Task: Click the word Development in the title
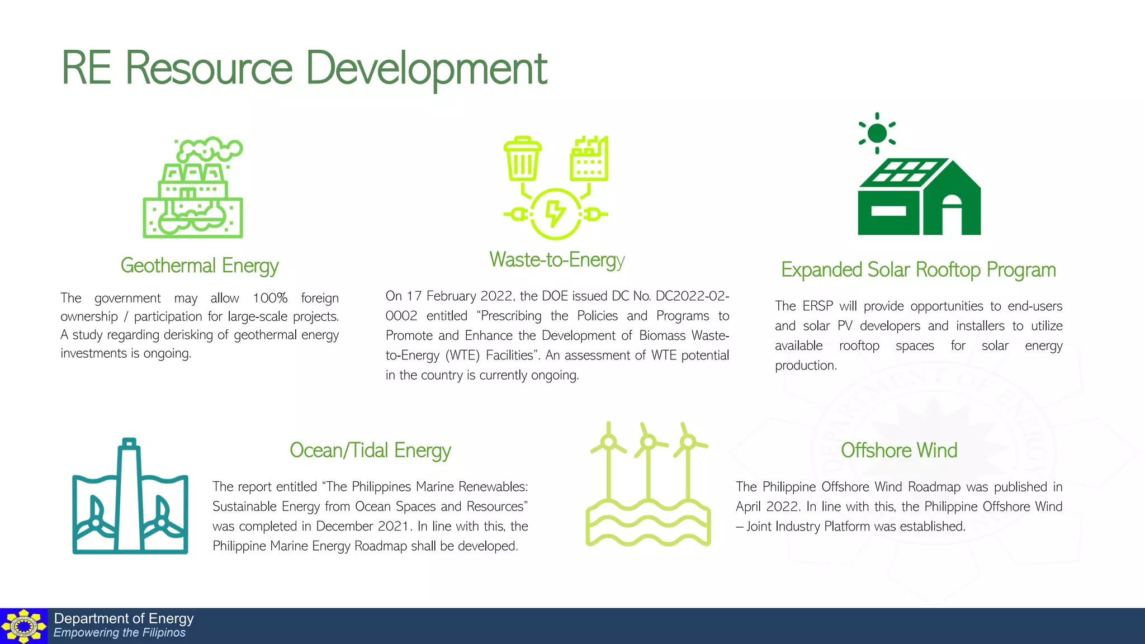click(426, 68)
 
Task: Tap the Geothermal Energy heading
click(200, 266)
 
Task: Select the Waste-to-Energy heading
click(557, 260)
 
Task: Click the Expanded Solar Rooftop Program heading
click(918, 270)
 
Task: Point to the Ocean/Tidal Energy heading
click(370, 451)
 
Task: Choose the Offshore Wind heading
click(899, 451)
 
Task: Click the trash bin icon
click(522, 159)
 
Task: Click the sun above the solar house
click(877, 133)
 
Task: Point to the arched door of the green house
click(952, 215)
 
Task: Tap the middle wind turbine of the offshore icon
click(648, 464)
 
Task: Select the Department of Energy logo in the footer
click(23, 626)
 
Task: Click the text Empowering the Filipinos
click(119, 633)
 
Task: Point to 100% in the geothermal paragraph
click(270, 298)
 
